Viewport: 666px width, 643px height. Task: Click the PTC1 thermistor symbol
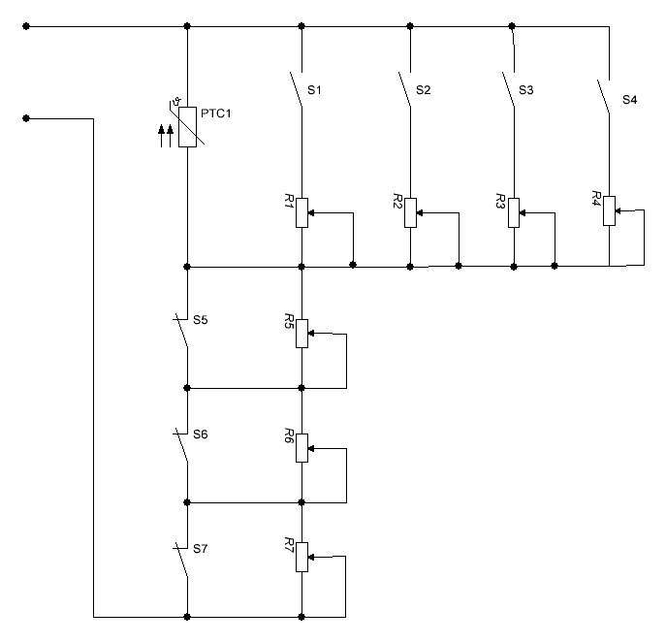(188, 125)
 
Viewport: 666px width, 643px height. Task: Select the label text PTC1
(216, 113)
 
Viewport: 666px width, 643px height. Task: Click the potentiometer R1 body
(302, 211)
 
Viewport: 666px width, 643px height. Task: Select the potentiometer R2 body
(411, 211)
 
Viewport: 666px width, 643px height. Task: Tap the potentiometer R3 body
(514, 211)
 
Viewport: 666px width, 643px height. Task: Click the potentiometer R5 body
(302, 333)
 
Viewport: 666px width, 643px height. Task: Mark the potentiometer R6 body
(302, 447)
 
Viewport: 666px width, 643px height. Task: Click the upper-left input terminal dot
(26, 26)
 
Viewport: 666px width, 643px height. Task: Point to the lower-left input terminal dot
(26, 118)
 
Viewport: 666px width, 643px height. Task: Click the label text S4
(630, 100)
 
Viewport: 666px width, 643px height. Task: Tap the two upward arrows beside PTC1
(166, 134)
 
